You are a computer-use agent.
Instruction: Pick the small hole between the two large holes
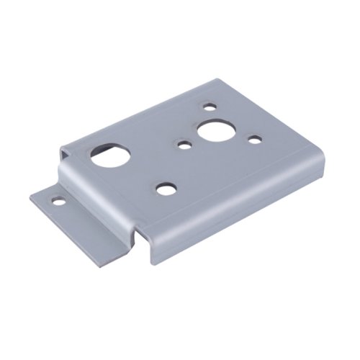[185, 145]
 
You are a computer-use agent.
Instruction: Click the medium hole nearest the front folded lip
[166, 189]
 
